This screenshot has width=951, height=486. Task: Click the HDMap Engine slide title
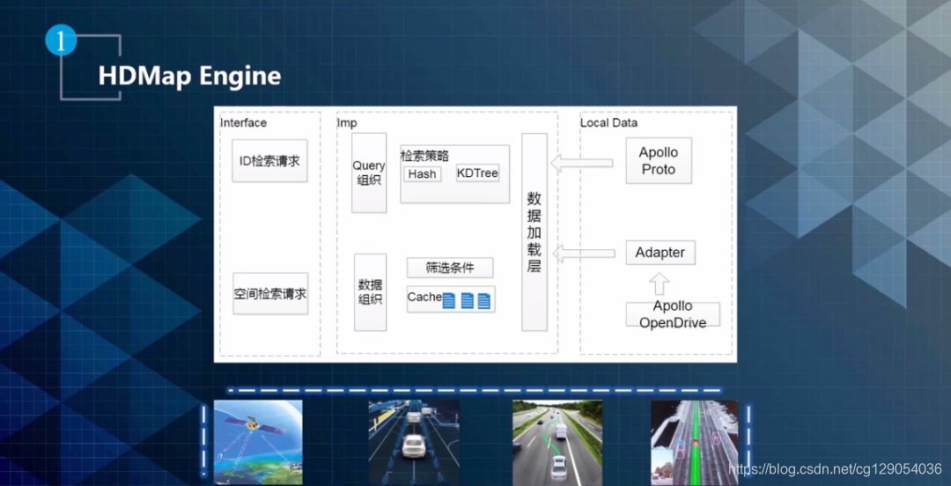point(189,76)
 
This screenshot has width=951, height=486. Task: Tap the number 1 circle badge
point(61,40)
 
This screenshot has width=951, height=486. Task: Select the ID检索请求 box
point(269,161)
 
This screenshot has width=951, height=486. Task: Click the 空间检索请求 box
point(270,294)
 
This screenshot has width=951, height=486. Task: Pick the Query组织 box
point(369,173)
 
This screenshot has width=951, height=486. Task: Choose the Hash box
point(423,174)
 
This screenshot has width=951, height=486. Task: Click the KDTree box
point(477,173)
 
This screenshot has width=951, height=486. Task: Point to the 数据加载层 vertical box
point(534,232)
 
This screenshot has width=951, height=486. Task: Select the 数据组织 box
point(370,292)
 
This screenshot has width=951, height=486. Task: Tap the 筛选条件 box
point(449,268)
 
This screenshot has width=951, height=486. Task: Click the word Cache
point(424,298)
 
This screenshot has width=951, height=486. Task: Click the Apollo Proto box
point(658,161)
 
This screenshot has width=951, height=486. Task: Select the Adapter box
point(660,253)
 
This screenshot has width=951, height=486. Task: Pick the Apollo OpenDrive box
point(673,314)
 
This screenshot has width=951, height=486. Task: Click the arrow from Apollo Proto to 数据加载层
point(581,162)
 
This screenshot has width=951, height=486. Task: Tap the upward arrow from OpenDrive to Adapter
point(660,283)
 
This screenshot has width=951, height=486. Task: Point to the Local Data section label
point(608,122)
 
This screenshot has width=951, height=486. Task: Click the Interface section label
point(243,122)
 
